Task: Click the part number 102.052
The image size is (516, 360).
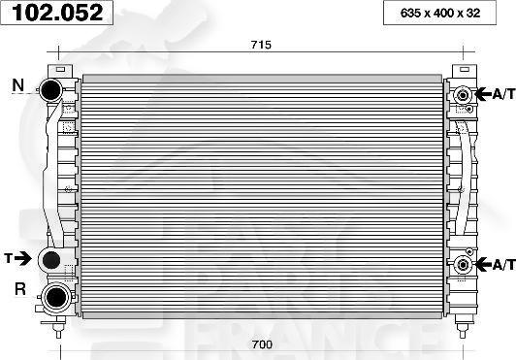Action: [56, 13]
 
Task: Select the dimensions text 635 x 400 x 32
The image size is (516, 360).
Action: [445, 13]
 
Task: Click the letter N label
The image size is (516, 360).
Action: [17, 86]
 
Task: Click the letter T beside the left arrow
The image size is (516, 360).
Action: [8, 258]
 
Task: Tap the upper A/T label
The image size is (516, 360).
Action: [503, 94]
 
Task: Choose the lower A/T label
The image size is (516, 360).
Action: [503, 264]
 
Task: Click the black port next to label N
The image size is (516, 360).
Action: [50, 89]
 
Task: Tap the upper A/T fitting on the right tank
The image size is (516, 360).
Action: [463, 94]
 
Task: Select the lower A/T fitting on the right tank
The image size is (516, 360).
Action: [463, 264]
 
